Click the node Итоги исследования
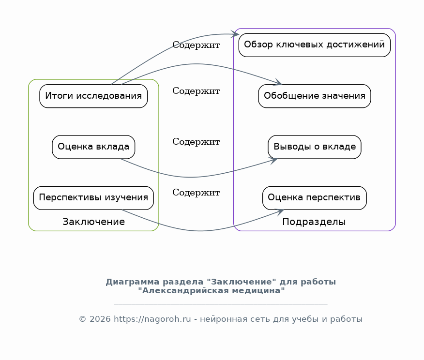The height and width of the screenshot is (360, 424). (93, 96)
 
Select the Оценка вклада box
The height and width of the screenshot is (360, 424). (93, 147)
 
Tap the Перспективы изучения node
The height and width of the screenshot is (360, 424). (93, 198)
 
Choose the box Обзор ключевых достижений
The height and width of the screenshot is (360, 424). (315, 45)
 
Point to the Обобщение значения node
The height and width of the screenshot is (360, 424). (315, 96)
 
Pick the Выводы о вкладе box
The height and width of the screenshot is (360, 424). (315, 147)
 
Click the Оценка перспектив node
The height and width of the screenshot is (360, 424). (315, 198)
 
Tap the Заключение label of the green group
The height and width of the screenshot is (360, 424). (93, 222)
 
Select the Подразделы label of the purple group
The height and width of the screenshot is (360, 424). (314, 222)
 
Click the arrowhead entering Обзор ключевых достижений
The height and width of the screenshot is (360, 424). (235, 34)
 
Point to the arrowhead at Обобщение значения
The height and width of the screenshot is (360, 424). (278, 82)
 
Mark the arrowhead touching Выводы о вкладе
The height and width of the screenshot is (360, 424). (273, 161)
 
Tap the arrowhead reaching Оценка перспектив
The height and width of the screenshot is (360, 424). (279, 212)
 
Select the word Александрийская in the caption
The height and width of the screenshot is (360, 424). (186, 290)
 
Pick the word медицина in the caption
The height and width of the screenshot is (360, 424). (257, 290)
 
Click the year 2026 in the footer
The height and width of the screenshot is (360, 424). (100, 319)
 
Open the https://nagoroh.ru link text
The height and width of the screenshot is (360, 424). (152, 319)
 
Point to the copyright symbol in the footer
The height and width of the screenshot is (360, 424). (82, 319)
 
